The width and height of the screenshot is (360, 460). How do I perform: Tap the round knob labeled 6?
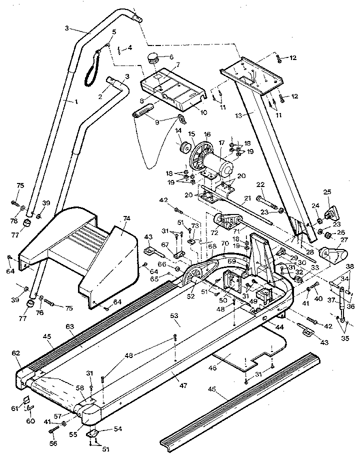(x=153, y=60)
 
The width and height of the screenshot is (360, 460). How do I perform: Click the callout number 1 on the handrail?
(x=76, y=101)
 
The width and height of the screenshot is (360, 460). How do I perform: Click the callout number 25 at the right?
(x=327, y=192)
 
